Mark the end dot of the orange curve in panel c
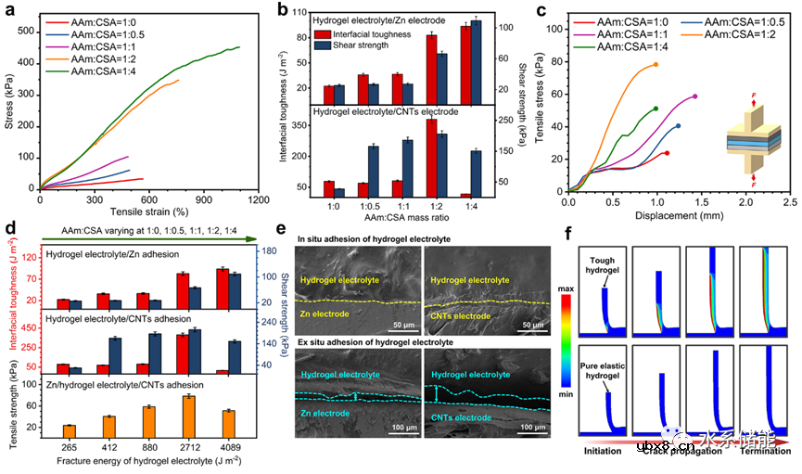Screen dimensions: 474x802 [x=656, y=65]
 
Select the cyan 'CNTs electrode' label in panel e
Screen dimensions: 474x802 [x=458, y=417]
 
